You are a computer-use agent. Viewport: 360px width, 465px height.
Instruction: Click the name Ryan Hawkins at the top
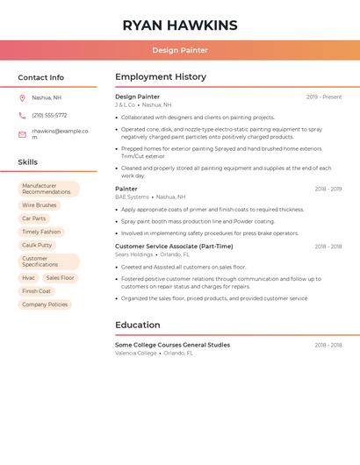[180, 25]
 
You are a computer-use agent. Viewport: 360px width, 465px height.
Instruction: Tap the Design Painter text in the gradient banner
[180, 50]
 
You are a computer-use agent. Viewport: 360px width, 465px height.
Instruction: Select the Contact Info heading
[41, 77]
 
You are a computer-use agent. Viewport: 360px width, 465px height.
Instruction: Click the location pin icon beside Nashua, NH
[22, 97]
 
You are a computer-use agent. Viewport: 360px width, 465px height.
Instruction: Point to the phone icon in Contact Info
[22, 115]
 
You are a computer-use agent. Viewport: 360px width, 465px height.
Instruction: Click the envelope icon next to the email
[22, 134]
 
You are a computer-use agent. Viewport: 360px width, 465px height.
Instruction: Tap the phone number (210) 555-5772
[49, 115]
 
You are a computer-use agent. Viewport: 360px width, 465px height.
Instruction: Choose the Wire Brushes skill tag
[40, 205]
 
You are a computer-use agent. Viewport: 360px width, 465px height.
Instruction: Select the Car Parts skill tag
[34, 218]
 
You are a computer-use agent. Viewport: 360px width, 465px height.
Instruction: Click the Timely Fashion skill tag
[41, 232]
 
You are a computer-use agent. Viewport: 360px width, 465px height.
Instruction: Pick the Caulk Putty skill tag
[37, 246]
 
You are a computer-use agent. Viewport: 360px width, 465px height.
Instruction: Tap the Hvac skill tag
[29, 277]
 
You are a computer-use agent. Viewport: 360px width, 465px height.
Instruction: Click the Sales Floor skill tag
[61, 277]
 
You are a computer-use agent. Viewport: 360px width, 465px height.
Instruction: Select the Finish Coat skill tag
[37, 291]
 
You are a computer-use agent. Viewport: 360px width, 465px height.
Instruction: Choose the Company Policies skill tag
[45, 304]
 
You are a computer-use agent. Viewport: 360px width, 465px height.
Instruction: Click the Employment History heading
[161, 77]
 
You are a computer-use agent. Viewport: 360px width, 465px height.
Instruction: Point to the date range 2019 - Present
[324, 97]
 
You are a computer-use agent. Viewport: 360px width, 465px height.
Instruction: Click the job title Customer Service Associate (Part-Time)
[174, 247]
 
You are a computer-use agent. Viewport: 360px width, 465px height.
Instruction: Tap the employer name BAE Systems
[132, 197]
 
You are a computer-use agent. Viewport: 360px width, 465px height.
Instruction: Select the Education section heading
[138, 325]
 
